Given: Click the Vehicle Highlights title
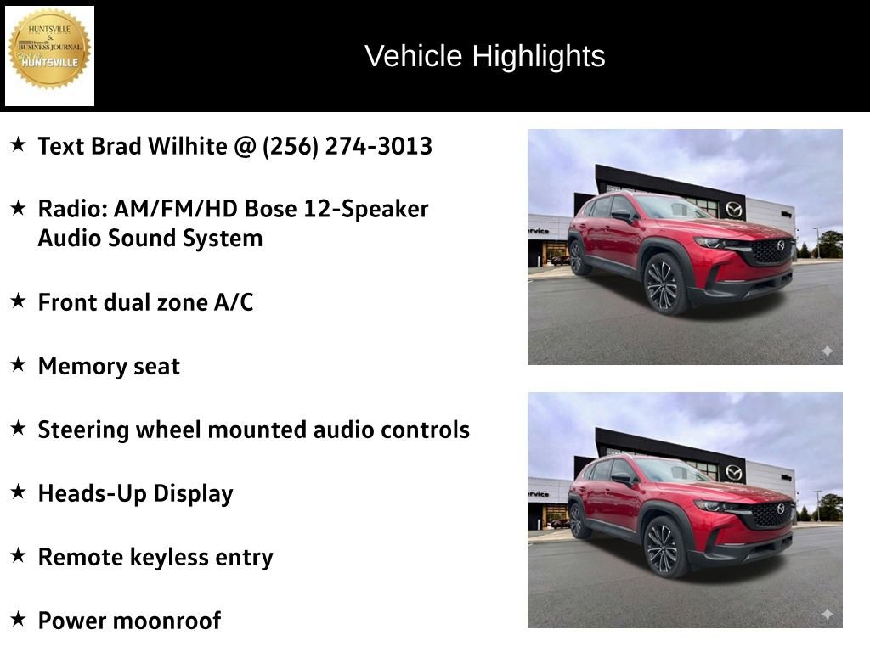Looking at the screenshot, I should coord(484,56).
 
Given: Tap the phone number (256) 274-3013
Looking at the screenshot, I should coord(347,146).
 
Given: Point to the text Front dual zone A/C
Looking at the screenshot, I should coord(145,302).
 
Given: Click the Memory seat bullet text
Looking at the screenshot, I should coord(109,367).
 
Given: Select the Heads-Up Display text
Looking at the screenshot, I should coord(135,493).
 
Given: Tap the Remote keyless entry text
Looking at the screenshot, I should coord(155,557).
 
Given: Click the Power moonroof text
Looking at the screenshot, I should coord(129,621).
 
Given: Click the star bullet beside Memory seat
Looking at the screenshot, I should coord(18,365).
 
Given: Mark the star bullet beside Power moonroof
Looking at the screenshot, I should coord(18,619).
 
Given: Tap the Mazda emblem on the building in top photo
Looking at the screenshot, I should coord(733,209).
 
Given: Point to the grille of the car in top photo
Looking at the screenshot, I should coord(771,250).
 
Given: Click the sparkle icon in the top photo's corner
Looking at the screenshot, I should coord(827,351).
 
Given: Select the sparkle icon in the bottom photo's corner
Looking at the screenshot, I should coord(827,614).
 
